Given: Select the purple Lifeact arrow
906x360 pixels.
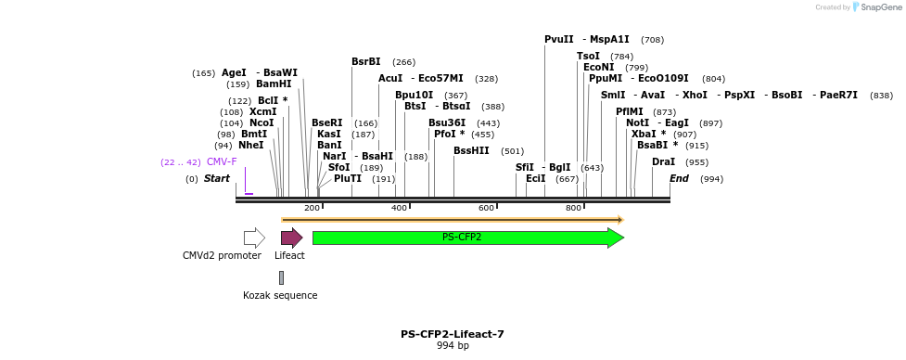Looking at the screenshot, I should coord(291,238).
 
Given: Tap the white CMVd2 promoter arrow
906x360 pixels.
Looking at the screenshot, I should coord(254,238).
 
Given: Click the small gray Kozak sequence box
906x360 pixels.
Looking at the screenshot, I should coord(281,277).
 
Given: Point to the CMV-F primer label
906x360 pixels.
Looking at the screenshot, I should coord(222,161).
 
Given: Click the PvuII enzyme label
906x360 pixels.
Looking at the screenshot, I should coord(559,40).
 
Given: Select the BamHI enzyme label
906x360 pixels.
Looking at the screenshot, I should coord(274,84).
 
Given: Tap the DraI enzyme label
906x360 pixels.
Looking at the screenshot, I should coord(663,161).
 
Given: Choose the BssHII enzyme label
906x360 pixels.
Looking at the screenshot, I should coord(471,150).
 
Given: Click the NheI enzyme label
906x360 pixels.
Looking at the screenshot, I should coord(251,146).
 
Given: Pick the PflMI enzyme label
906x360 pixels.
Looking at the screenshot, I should coord(629,111).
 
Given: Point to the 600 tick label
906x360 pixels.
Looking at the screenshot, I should coord(486,208).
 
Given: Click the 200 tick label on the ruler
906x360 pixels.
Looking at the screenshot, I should coord(312,208).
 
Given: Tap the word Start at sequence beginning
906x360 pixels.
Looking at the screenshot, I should coord(217,178).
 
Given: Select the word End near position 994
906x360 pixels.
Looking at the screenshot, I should coord(679,178).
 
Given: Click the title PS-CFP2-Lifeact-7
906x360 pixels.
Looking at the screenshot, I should coord(453,334).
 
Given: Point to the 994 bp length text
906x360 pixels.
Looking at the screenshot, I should coord(453,346).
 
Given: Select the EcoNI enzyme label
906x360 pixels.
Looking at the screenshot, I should coord(598,67).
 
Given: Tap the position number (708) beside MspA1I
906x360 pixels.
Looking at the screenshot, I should coord(652,40).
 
